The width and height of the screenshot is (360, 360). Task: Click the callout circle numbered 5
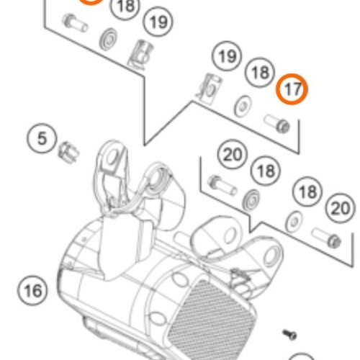(42, 138)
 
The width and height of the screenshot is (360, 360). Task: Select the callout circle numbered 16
(32, 290)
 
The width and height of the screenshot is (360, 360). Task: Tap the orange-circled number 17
(292, 89)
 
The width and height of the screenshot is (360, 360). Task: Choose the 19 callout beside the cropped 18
(158, 22)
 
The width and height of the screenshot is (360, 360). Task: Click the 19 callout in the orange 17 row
(227, 56)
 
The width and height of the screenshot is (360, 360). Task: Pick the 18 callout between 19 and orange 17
(260, 72)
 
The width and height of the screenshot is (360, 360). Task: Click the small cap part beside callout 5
(68, 153)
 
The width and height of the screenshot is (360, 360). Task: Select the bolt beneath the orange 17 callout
(276, 123)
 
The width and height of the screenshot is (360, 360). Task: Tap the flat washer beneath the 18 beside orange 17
(243, 107)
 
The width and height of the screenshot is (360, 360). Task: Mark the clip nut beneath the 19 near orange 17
(210, 89)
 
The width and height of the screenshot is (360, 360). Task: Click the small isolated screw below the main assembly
(289, 334)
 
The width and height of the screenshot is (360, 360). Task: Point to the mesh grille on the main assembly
(211, 319)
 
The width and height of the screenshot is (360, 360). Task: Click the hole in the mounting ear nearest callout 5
(112, 157)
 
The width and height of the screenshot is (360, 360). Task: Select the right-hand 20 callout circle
(340, 208)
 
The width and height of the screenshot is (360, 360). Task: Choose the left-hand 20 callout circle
(233, 154)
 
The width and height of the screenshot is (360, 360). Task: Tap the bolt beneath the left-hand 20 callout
(222, 186)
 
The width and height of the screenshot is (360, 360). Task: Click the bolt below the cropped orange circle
(75, 23)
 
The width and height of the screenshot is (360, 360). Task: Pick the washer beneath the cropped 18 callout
(108, 39)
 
